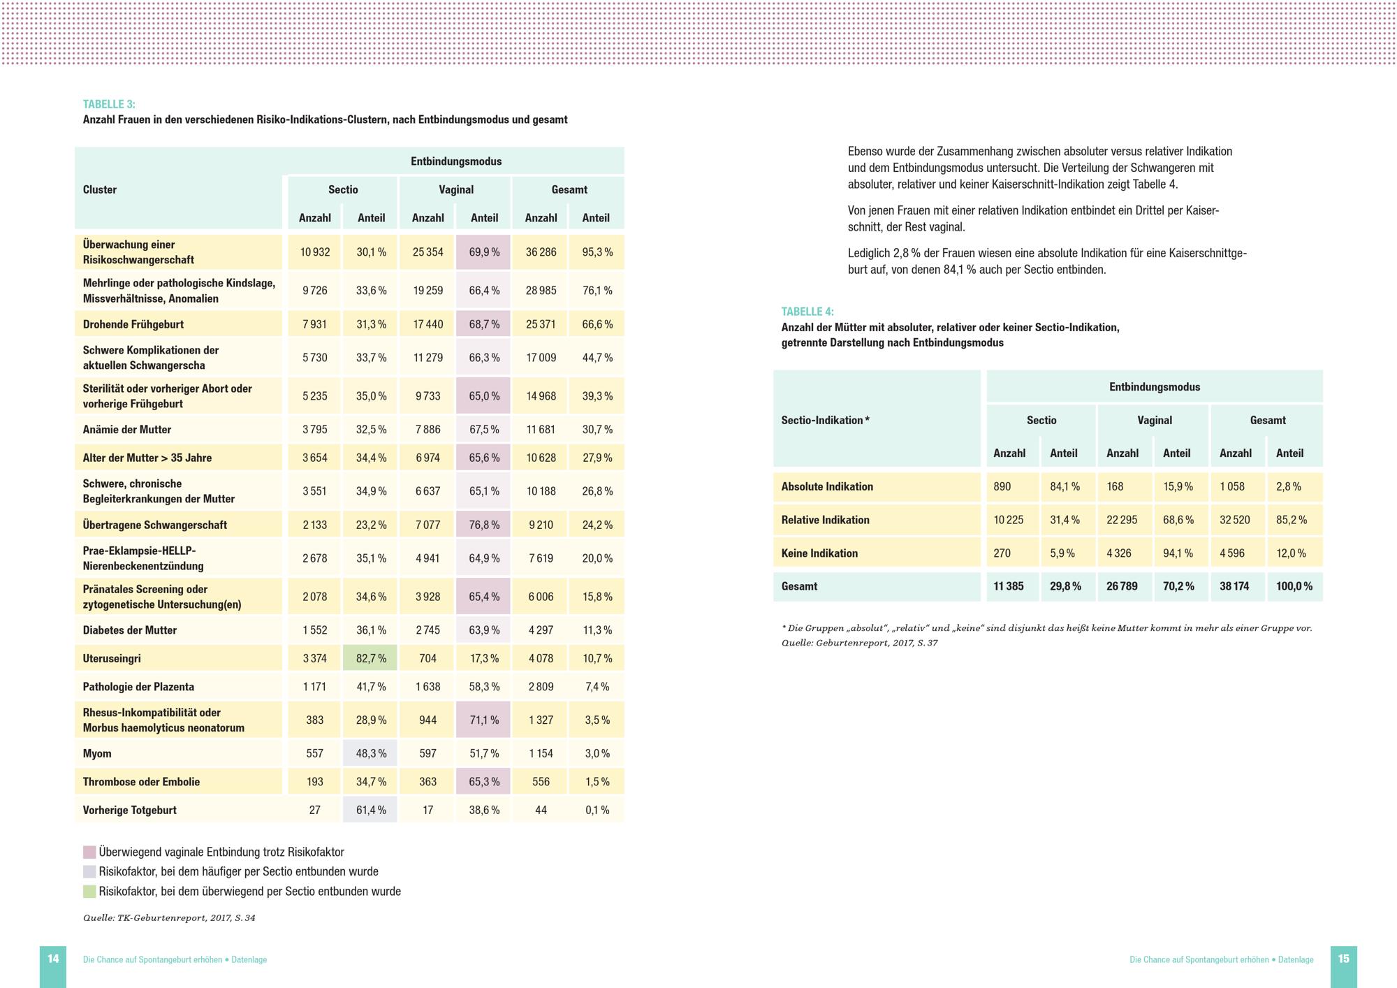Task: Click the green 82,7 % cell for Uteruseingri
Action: click(371, 658)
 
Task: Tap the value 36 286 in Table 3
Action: click(541, 252)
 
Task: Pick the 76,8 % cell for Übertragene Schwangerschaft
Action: click(484, 525)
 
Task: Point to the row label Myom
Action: click(97, 753)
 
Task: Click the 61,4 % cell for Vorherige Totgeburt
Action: click(371, 810)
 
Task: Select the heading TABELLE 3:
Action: click(109, 104)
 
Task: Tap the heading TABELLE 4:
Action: click(807, 312)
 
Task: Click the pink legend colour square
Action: click(89, 852)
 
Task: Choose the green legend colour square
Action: click(89, 892)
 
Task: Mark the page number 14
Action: click(53, 959)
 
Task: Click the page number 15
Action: click(1343, 959)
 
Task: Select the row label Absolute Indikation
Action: click(827, 486)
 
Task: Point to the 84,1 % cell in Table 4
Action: click(1065, 486)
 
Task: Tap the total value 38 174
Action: click(1234, 586)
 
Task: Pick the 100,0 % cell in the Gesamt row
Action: click(1294, 586)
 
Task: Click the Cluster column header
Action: click(100, 189)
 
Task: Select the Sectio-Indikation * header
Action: click(825, 420)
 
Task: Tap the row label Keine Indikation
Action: click(819, 553)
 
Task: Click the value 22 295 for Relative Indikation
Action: click(1122, 520)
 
